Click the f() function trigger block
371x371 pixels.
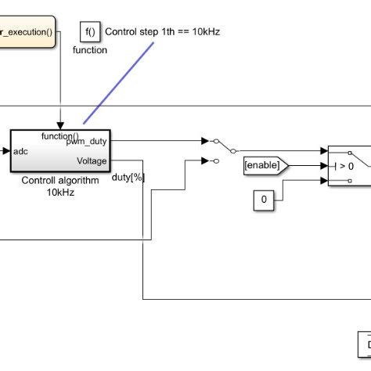[90, 32]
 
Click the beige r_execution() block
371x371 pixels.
[27, 32]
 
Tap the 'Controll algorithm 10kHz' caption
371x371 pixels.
[60, 185]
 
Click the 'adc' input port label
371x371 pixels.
[22, 152]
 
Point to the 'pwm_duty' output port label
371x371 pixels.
[92, 142]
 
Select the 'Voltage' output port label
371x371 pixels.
[92, 160]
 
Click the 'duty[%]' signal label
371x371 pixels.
[128, 177]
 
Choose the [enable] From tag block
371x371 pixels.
[265, 165]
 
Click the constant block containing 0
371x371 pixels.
[265, 200]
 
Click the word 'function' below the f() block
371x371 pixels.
[90, 50]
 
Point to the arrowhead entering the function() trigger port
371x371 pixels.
[60, 125]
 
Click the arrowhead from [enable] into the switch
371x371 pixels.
[323, 165]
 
